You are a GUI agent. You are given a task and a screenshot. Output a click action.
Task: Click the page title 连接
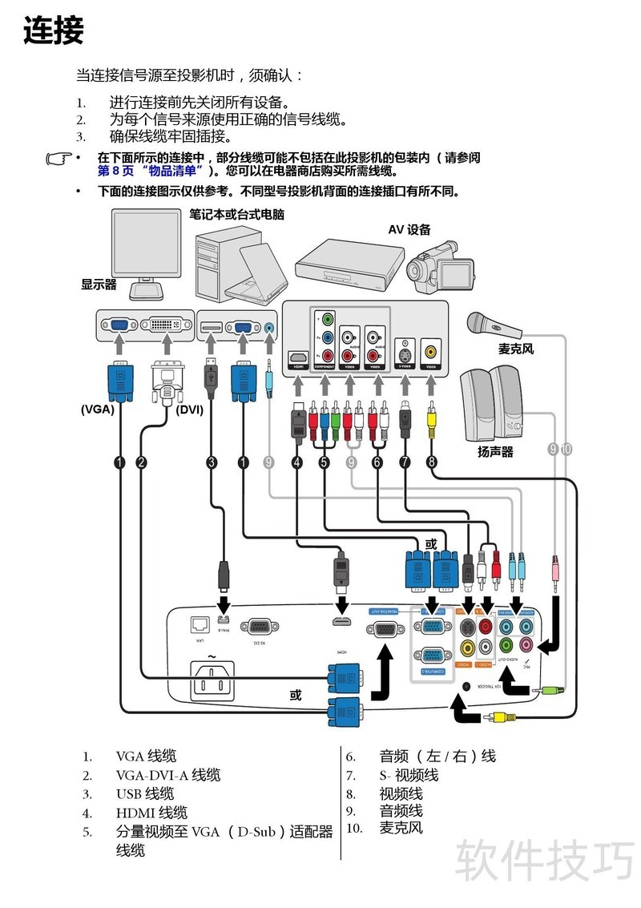54,31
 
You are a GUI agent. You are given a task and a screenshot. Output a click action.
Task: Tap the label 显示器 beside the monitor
99,284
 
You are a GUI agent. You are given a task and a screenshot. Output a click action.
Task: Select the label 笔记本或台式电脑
236,215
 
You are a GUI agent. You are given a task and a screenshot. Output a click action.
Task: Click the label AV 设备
409,229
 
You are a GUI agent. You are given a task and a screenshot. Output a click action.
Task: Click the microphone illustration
497,324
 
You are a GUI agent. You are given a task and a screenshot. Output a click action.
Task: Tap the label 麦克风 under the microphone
515,349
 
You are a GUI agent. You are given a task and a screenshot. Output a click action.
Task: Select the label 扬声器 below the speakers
495,452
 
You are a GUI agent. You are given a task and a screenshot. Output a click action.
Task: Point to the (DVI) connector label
189,409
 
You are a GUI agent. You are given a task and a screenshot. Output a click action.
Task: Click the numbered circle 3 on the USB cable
212,462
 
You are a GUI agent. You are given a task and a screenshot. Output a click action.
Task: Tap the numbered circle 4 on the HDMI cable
297,462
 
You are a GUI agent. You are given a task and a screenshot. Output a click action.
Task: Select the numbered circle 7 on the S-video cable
405,462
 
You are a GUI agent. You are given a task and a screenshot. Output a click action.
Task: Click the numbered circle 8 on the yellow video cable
432,462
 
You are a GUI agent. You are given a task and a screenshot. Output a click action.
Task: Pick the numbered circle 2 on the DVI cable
142,462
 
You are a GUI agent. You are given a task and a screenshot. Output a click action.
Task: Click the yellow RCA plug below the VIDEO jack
432,417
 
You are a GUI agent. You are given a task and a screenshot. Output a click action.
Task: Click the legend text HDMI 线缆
151,813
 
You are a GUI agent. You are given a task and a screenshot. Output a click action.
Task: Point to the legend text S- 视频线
409,775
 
